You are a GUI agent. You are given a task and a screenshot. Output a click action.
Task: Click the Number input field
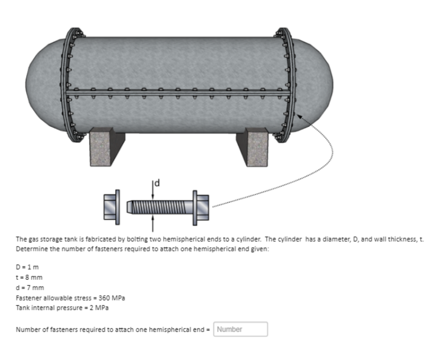240,329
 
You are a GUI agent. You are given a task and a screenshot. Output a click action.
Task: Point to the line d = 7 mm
30,287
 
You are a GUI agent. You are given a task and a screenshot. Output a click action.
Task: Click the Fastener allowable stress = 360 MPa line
70,297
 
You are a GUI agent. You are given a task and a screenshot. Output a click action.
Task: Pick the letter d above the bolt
156,182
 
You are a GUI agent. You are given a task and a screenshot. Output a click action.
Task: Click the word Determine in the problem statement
30,249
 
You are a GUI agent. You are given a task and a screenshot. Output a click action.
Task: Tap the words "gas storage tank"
49,240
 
